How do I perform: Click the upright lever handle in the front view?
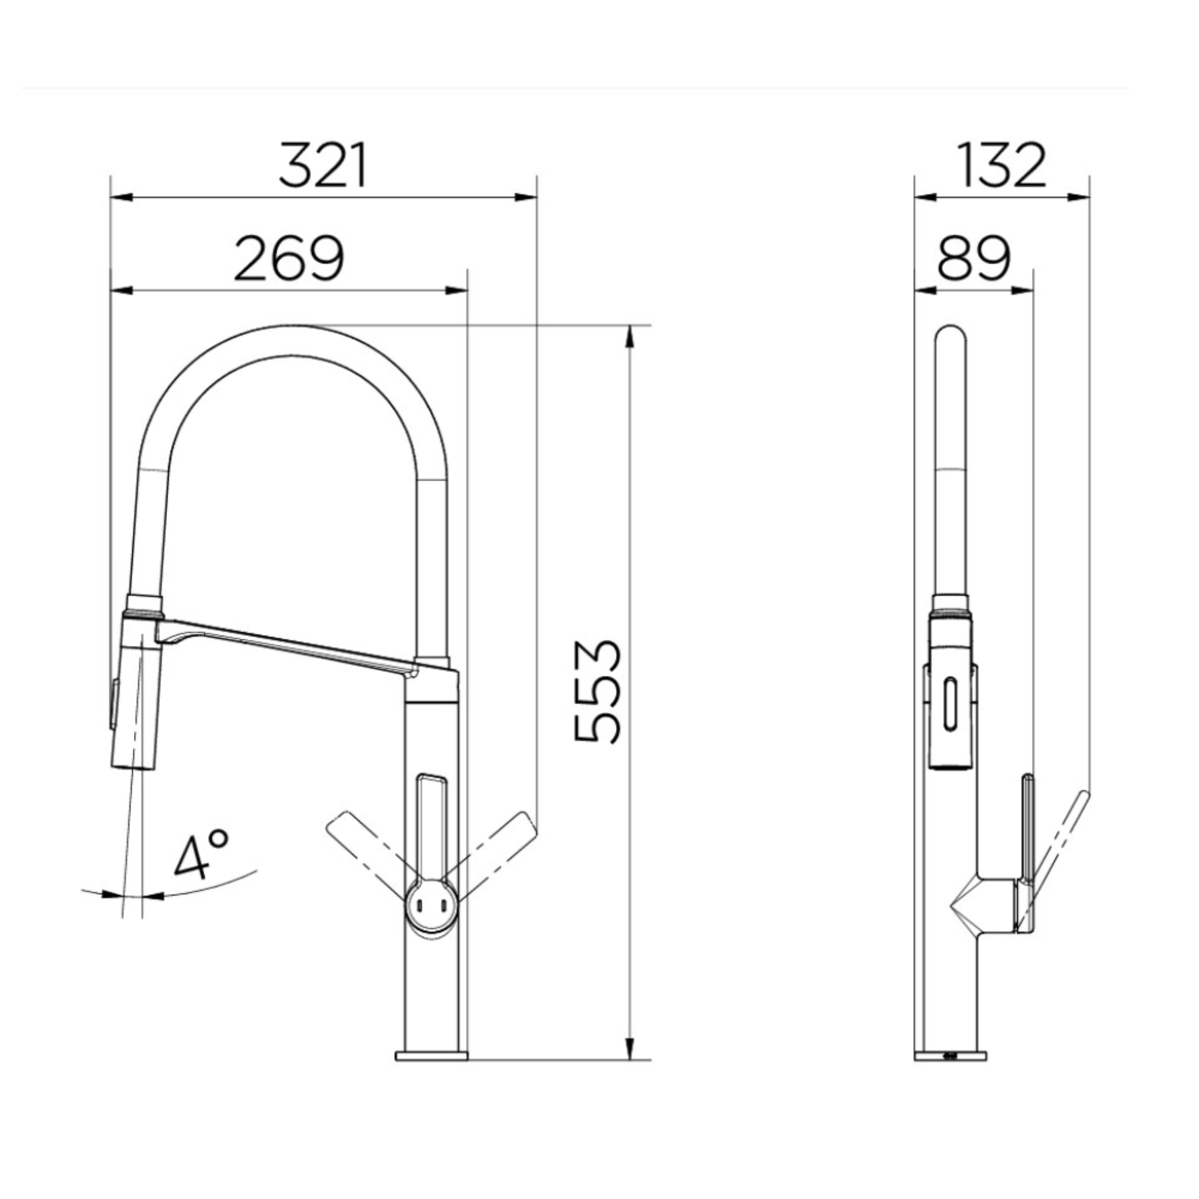pos(433,826)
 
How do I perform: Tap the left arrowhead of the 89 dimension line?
pos(926,290)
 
